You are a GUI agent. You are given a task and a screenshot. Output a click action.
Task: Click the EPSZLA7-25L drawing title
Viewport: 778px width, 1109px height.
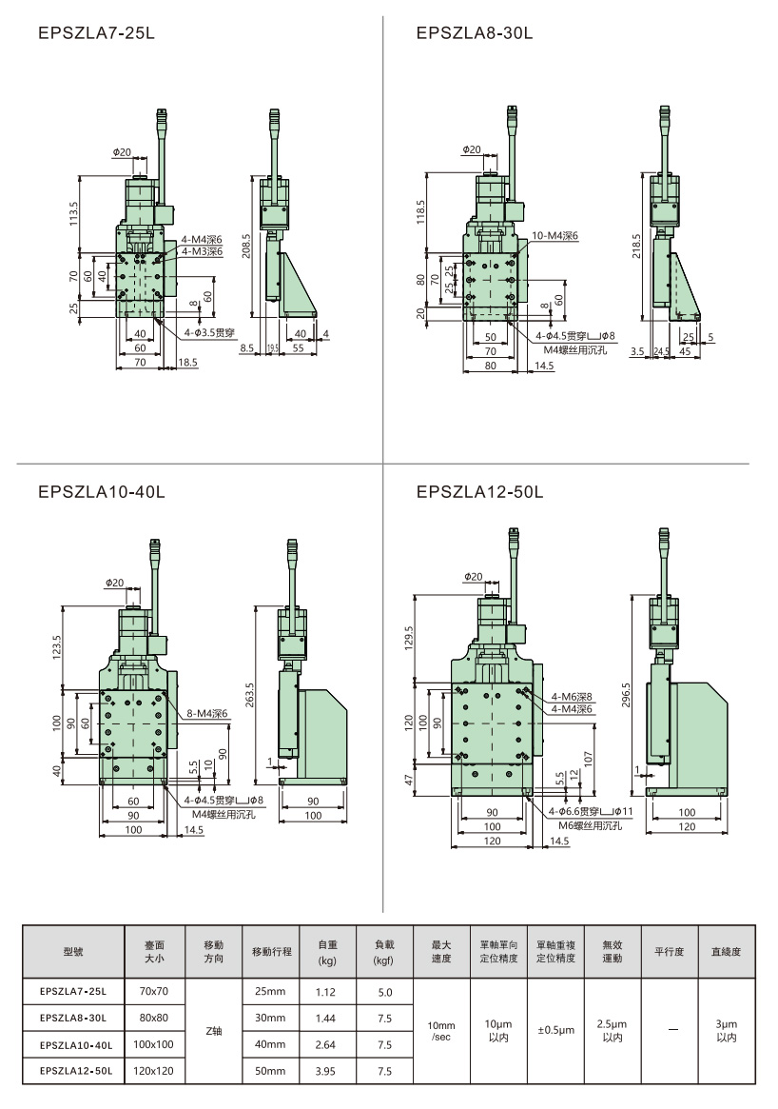click(x=96, y=33)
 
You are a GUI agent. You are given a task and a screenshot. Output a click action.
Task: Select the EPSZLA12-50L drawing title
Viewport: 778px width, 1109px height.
click(x=479, y=492)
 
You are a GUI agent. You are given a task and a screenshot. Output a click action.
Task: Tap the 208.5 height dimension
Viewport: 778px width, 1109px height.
click(x=246, y=247)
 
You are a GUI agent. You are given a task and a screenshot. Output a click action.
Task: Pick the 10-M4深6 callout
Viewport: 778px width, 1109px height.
click(x=555, y=234)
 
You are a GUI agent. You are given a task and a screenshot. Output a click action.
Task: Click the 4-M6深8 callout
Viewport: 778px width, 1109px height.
click(x=571, y=697)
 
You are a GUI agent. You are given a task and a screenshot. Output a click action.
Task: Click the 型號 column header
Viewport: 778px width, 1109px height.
click(x=73, y=951)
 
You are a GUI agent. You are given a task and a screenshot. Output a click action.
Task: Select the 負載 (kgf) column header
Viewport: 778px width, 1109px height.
click(x=384, y=951)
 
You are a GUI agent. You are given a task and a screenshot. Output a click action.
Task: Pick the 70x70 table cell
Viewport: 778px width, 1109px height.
click(x=154, y=991)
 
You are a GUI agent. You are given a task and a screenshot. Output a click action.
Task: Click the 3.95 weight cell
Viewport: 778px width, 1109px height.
click(x=327, y=1071)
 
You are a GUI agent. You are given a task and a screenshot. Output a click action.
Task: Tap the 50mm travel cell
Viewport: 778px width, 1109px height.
click(x=270, y=1071)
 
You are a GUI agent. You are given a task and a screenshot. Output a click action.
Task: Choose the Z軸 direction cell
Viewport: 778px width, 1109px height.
click(x=214, y=1031)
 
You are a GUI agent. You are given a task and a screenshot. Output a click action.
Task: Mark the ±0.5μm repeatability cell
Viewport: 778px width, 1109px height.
click(x=555, y=1031)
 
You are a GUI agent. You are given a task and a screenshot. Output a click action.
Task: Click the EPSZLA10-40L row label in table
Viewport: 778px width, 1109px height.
click(x=76, y=1044)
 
